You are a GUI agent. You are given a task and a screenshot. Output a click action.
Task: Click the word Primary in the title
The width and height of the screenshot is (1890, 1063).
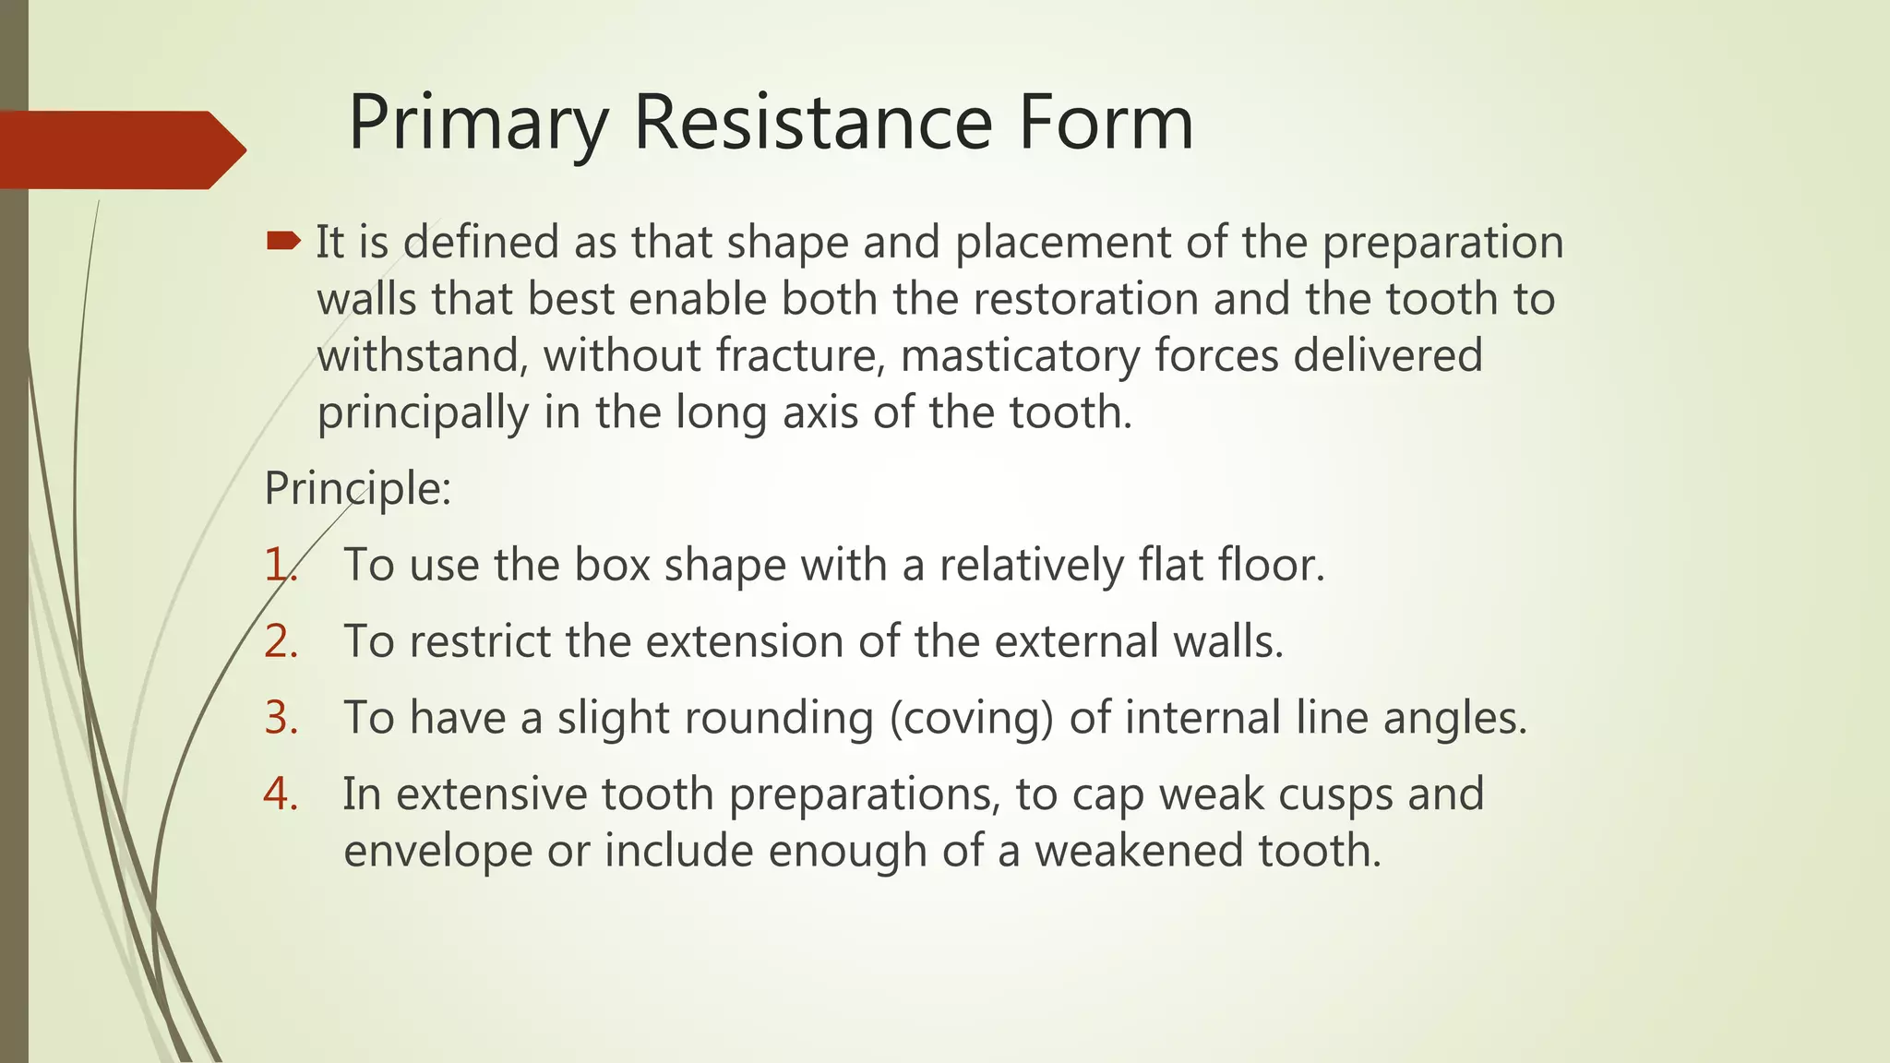click(478, 125)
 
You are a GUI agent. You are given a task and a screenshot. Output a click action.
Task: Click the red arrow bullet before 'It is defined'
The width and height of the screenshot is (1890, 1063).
click(282, 242)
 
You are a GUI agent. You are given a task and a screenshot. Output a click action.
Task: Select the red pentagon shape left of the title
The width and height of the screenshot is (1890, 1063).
click(115, 149)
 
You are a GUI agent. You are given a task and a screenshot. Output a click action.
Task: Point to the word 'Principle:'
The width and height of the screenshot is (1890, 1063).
click(357, 488)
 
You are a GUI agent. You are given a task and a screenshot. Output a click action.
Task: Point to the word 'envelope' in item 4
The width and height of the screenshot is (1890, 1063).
click(437, 851)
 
